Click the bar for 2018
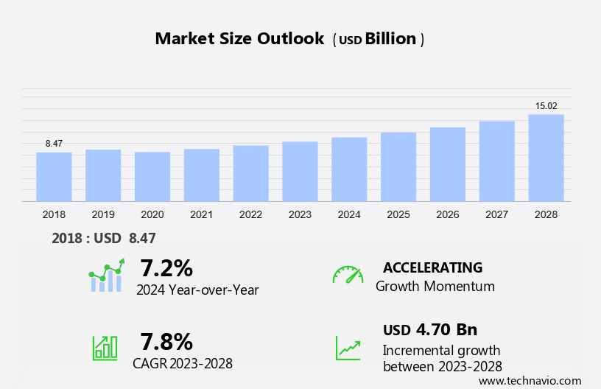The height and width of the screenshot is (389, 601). (54, 177)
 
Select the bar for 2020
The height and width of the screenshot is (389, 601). (152, 177)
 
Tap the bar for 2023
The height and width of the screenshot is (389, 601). (300, 172)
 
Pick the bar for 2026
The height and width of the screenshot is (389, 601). (448, 164)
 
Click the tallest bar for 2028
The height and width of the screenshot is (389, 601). (546, 158)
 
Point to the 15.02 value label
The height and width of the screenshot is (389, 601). (546, 106)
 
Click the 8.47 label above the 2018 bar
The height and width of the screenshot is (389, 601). (54, 144)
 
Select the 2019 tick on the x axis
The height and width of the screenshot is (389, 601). (103, 214)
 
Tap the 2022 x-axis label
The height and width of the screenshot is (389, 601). (250, 214)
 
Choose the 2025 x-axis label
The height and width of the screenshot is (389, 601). (398, 214)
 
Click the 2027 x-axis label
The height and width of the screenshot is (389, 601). (497, 214)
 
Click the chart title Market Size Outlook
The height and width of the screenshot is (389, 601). (239, 39)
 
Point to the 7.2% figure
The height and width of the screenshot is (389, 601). (166, 267)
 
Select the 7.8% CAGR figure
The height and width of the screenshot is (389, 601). (166, 341)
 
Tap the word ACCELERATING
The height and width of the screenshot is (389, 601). (432, 267)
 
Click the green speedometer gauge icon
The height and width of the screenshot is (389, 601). (348, 275)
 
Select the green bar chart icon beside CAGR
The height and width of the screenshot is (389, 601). (105, 348)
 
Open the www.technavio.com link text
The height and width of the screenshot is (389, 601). (530, 380)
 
